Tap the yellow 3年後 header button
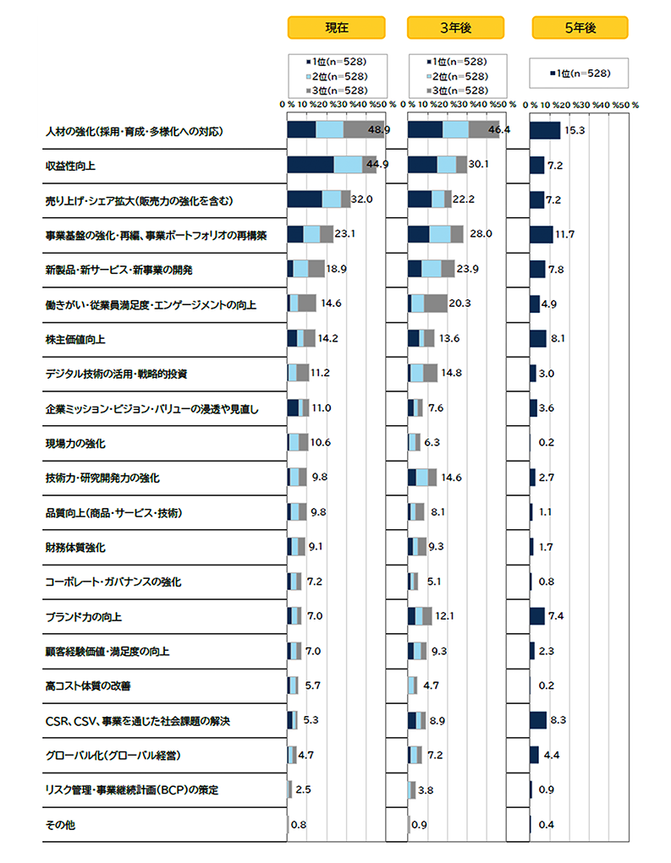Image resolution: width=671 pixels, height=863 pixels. pos(455,28)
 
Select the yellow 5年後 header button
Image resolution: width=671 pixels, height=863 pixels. pos(580,28)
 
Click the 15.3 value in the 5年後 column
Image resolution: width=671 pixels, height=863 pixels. pos(575,130)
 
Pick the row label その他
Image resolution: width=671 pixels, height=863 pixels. pos(60,825)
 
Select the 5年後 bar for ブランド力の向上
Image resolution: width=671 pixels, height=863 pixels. pos(536,616)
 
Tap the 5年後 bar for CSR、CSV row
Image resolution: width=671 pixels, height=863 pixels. pos(537,720)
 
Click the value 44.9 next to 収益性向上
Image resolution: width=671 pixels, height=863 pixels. pos(376,165)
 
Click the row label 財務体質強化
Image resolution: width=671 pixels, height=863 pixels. pos(74,547)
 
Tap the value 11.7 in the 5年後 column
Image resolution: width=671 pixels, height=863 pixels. pos(564,234)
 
